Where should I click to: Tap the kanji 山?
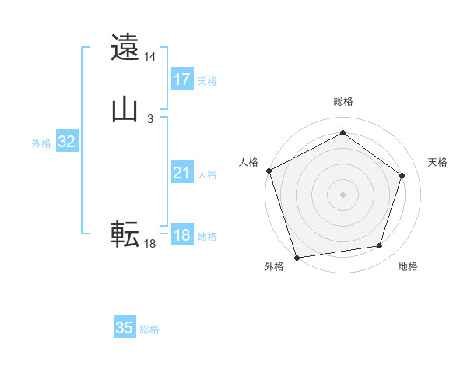coord(125,110)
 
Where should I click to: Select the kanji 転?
coord(125,233)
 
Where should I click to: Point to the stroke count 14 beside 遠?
coord(150,57)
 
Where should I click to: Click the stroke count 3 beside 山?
coord(150,118)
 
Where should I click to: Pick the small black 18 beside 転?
coord(150,244)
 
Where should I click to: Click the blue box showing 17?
coord(182,79)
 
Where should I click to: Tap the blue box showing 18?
coord(182,235)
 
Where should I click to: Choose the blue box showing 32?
coord(66,142)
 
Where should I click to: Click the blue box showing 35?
coord(125,328)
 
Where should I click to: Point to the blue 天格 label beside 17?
coord(207,81)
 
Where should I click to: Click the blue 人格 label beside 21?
coord(207,175)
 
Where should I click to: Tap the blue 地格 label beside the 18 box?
coord(207,237)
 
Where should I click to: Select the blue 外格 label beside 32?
coord(41,143)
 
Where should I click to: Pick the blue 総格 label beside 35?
coord(149,329)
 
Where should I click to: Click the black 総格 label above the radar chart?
coord(342,101)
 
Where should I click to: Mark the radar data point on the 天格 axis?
coord(402,175)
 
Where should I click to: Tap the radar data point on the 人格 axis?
coord(269,171)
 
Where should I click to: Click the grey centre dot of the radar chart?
coord(342,194)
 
